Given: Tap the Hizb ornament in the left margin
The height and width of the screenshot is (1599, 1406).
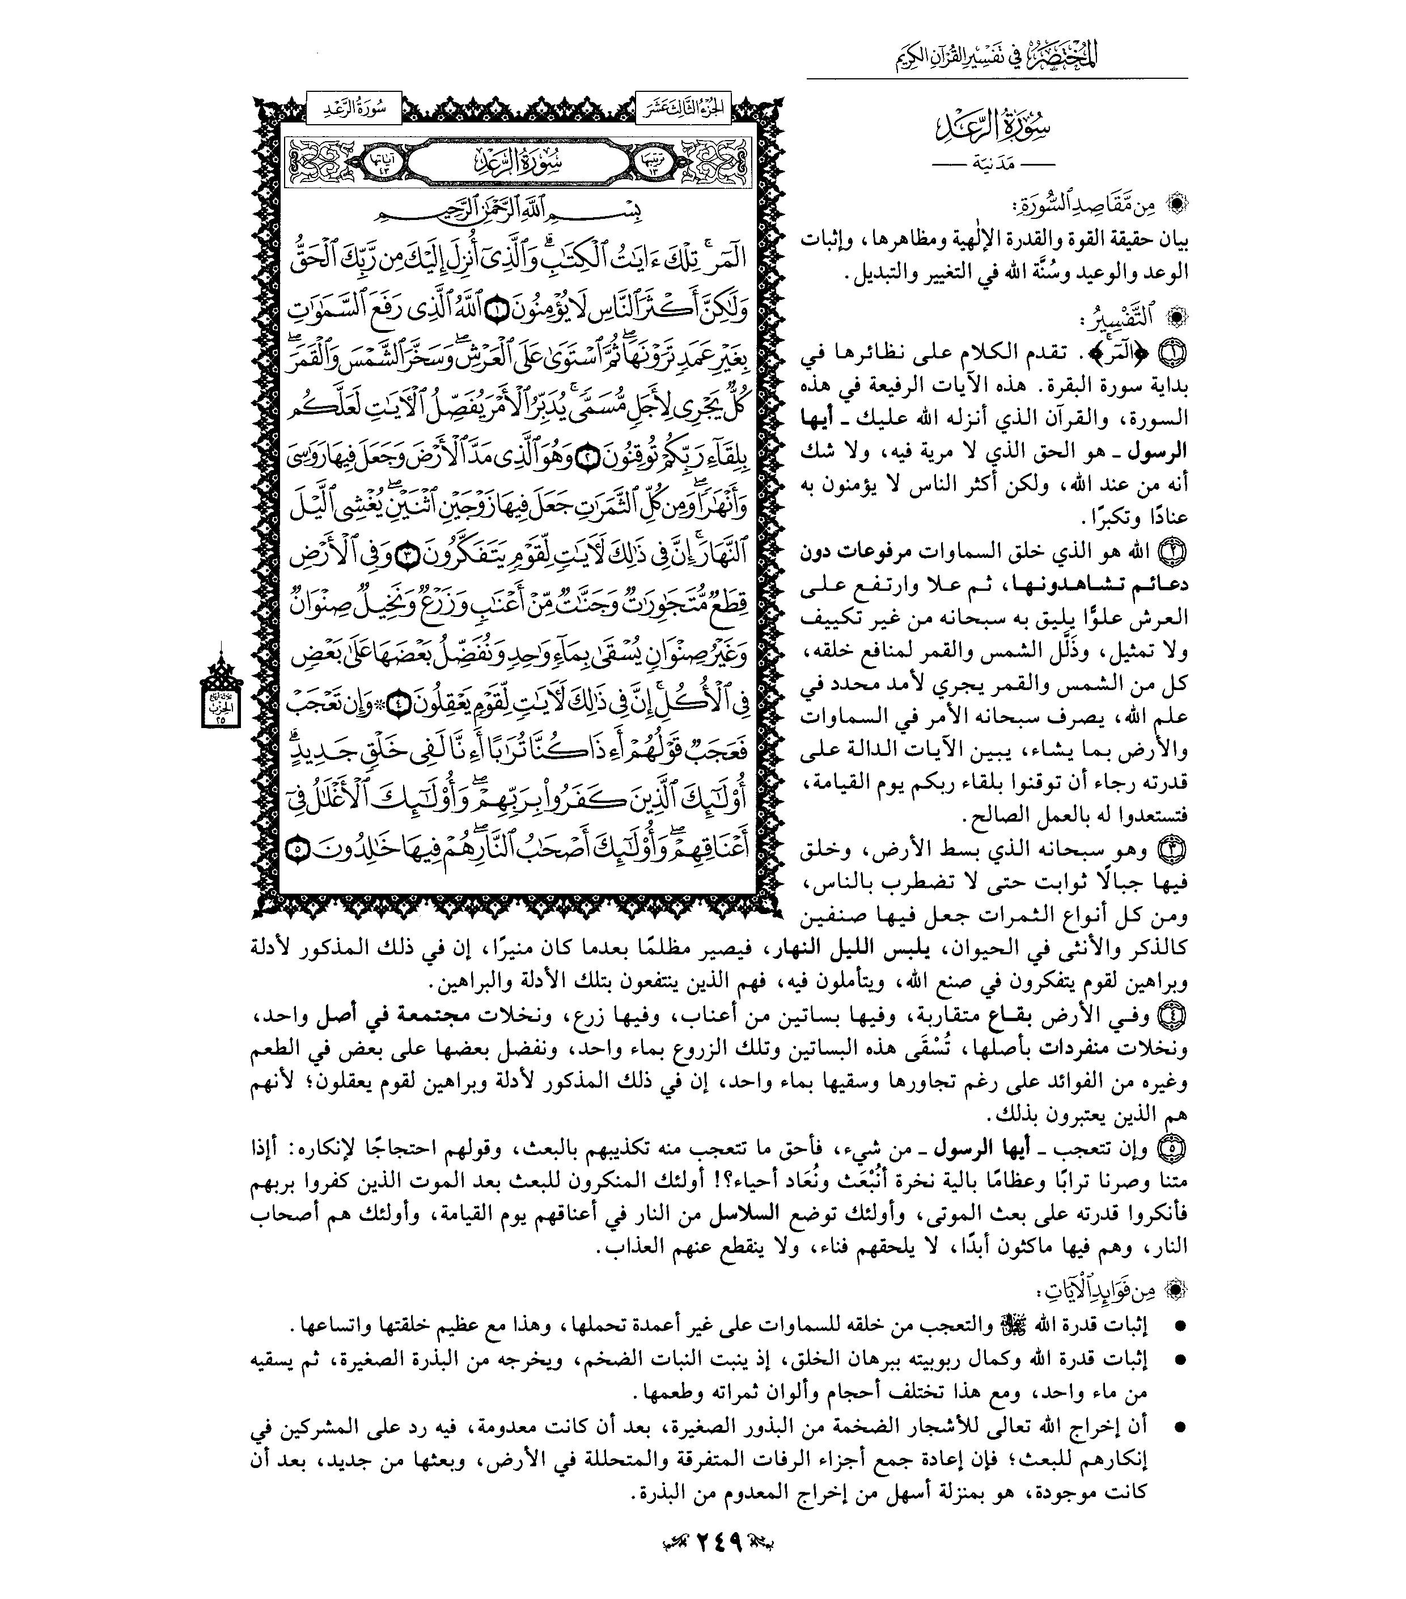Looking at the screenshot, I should pos(221,695).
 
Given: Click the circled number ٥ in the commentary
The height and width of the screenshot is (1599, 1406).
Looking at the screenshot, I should pos(1175,1148).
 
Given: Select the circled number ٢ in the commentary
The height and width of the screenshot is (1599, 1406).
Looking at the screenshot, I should pos(1175,552).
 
